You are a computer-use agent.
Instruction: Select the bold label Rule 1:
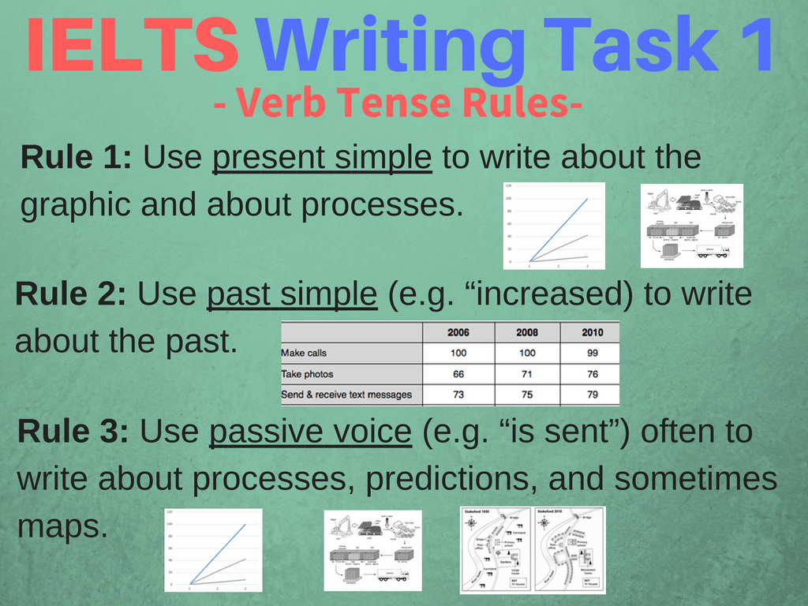click(x=77, y=157)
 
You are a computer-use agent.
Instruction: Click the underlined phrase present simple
click(x=322, y=158)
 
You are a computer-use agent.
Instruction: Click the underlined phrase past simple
click(x=291, y=295)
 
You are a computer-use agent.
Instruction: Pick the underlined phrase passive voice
click(x=310, y=432)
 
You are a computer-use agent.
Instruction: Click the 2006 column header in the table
click(x=458, y=332)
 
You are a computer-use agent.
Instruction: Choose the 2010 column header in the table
click(x=592, y=332)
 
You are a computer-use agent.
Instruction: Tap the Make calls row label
click(x=304, y=353)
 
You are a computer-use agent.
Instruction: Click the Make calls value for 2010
click(x=592, y=353)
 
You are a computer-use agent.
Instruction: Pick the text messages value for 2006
click(x=458, y=395)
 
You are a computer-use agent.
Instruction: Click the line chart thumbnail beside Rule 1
click(x=554, y=226)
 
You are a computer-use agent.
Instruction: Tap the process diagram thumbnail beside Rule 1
click(x=691, y=226)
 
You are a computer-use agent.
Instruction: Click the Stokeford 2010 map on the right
click(x=570, y=550)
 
